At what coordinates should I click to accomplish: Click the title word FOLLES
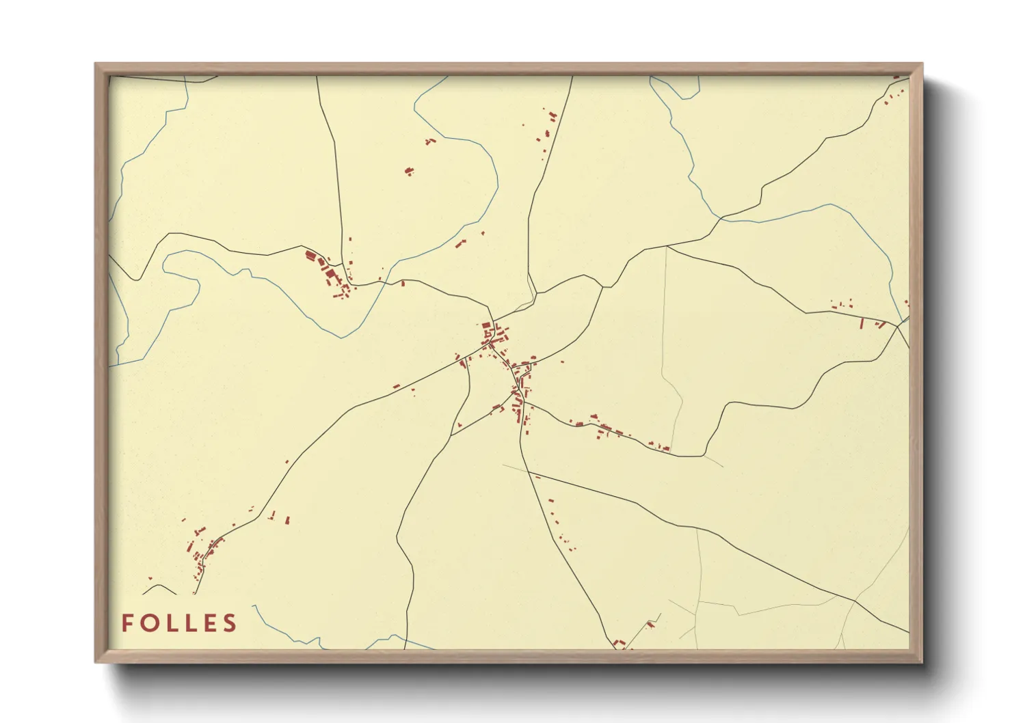(x=179, y=623)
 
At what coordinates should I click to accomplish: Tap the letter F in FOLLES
(x=127, y=623)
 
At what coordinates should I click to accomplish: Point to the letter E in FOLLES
(x=211, y=623)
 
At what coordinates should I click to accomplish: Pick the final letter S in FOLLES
(x=230, y=623)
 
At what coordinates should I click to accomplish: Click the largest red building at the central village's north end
(x=487, y=326)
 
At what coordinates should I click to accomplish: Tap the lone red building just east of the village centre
(x=562, y=361)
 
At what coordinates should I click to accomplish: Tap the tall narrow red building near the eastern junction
(x=862, y=323)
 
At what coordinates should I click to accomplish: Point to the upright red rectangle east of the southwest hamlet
(x=288, y=520)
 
